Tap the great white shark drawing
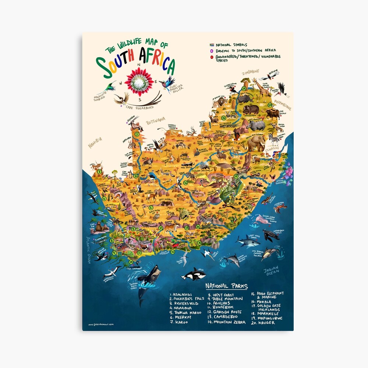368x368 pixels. (247, 241)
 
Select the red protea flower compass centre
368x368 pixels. (139, 82)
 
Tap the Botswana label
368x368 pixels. (155, 120)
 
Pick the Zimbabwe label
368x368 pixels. (250, 72)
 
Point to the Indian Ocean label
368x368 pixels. (271, 270)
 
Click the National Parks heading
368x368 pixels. (226, 286)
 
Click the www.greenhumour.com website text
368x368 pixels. (101, 324)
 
